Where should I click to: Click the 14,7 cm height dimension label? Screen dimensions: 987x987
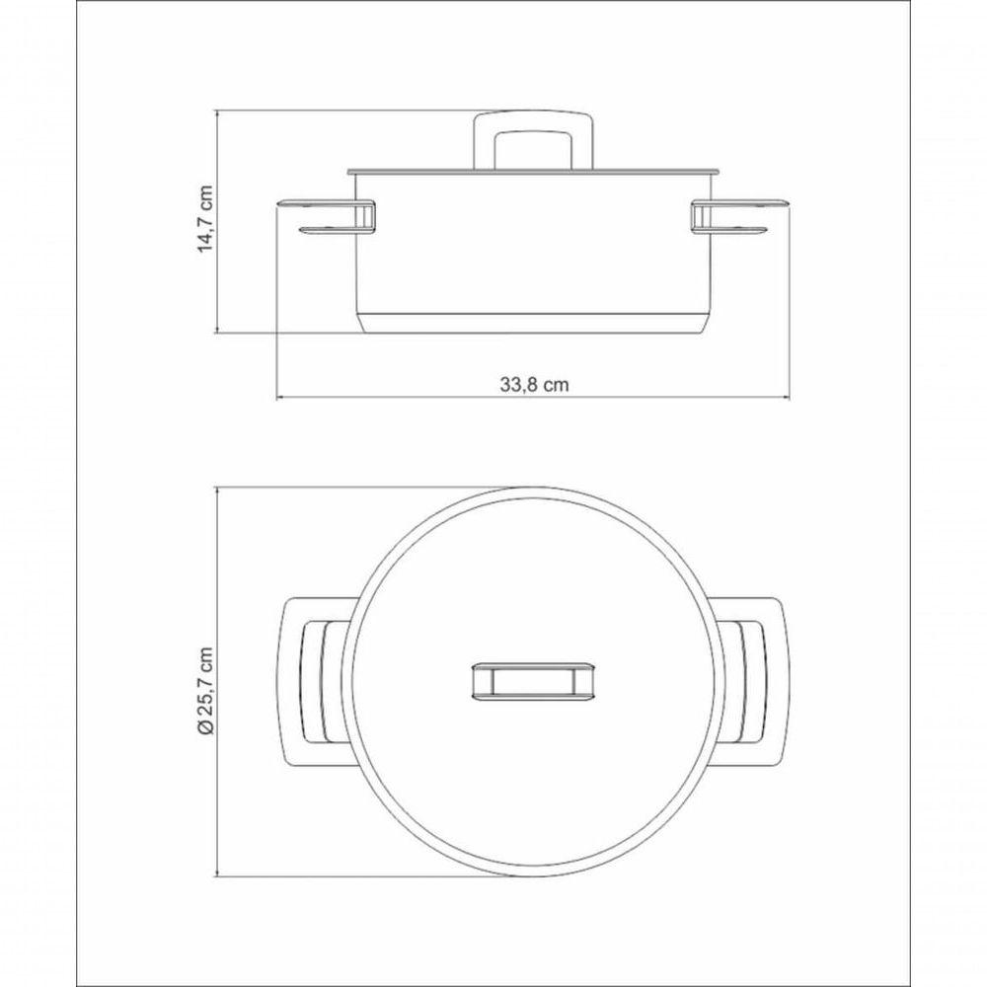tap(206, 219)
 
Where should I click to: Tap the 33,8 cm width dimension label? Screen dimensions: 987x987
tap(534, 385)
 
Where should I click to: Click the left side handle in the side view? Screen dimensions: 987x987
tap(328, 218)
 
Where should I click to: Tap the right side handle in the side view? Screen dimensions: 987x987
tap(739, 218)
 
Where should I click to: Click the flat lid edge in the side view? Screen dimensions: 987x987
tap(533, 171)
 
